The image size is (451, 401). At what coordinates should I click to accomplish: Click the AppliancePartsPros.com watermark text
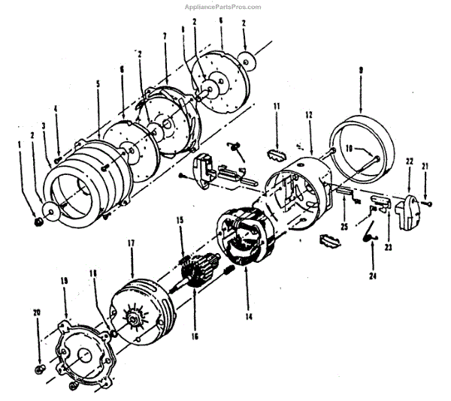222,7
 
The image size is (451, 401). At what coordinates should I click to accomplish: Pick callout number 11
277,108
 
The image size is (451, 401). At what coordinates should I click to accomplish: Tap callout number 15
180,220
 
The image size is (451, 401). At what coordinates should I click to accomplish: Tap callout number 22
410,160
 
